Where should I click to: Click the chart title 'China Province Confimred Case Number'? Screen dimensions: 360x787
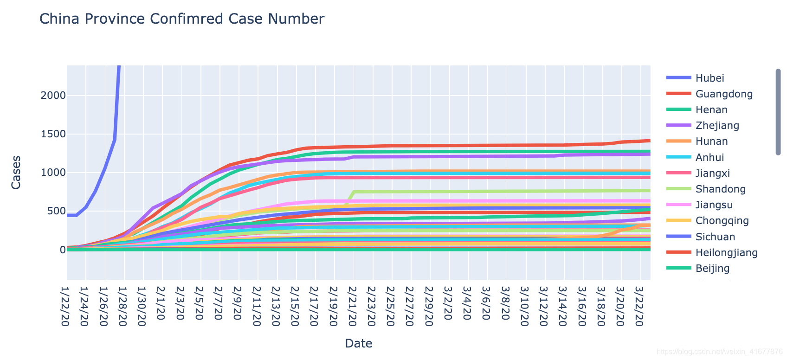tap(181, 19)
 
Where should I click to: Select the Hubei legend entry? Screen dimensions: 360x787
tap(710, 78)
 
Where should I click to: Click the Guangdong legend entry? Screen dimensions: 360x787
tap(724, 94)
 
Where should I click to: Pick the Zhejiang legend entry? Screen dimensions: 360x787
tap(717, 125)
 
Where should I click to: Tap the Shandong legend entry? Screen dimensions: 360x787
tap(720, 189)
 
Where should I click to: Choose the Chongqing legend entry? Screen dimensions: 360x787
tap(722, 220)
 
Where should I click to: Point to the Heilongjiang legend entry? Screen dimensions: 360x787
tap(726, 252)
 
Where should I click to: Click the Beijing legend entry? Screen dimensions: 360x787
tap(712, 268)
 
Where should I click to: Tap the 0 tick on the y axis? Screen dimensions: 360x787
tap(62, 250)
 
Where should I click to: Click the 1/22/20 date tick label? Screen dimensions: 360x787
tap(67, 307)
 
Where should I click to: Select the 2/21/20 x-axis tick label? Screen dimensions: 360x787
tap(354, 307)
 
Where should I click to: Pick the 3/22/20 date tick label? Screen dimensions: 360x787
tap(640, 307)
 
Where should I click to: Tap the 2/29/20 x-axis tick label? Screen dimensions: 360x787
tap(430, 307)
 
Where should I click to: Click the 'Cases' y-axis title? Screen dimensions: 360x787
tap(16, 173)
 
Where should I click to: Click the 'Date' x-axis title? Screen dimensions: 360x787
tap(358, 343)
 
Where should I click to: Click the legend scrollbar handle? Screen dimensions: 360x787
tap(778, 112)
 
